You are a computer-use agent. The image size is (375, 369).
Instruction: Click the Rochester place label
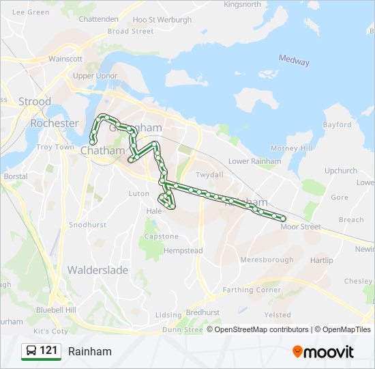[x=54, y=123]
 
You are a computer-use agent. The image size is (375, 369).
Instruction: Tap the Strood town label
[x=35, y=101]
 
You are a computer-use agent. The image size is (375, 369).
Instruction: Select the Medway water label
[x=294, y=60]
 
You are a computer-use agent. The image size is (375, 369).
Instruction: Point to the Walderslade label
[x=97, y=270]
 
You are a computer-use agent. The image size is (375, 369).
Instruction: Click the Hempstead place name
[x=183, y=251]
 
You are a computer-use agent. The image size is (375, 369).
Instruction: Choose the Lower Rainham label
[x=254, y=161]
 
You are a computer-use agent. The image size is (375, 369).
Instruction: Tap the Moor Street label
[x=301, y=227]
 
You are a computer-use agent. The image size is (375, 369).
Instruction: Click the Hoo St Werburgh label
[x=162, y=20]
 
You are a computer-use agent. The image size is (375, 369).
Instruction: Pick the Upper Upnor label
[x=92, y=76]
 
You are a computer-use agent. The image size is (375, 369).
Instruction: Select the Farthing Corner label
[x=252, y=290]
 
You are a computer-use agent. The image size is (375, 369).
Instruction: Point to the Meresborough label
[x=267, y=260]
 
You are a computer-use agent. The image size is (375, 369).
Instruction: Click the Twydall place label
[x=209, y=175]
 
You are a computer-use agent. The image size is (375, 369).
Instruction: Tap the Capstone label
[x=162, y=236]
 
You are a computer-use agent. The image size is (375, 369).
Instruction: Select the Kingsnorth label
[x=242, y=4]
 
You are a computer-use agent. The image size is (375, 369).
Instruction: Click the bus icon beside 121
[x=31, y=351]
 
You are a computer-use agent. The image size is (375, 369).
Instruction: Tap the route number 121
[x=48, y=351]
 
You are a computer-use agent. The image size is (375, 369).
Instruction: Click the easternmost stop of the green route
[x=282, y=219]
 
